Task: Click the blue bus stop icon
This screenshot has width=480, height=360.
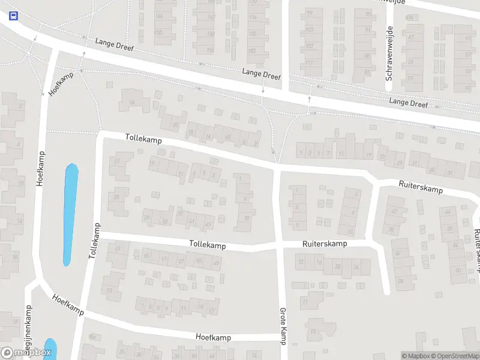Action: pos(13,16)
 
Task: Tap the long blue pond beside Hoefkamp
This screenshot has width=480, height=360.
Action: pos(71,214)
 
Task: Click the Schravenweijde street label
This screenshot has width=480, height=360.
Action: pos(389,53)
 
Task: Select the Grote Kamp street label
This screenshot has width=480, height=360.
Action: pos(282,326)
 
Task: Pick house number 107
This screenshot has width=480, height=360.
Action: pos(310,46)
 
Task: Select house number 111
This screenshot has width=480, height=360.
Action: pos(310,62)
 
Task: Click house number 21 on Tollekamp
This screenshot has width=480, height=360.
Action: pos(118,161)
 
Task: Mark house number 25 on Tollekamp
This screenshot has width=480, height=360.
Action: pos(118,196)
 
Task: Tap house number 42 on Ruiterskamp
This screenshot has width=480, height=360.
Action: pos(394,211)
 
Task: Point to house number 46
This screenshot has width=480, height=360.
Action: pos(447,212)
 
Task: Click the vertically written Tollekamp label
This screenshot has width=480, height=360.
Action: pos(94,240)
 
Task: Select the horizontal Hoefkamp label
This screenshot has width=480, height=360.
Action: pos(214,337)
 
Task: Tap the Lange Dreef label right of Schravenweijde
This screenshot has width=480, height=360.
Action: pos(408,103)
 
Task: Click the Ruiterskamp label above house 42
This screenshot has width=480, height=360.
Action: pos(421,187)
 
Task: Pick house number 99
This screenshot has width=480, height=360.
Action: pos(310,13)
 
